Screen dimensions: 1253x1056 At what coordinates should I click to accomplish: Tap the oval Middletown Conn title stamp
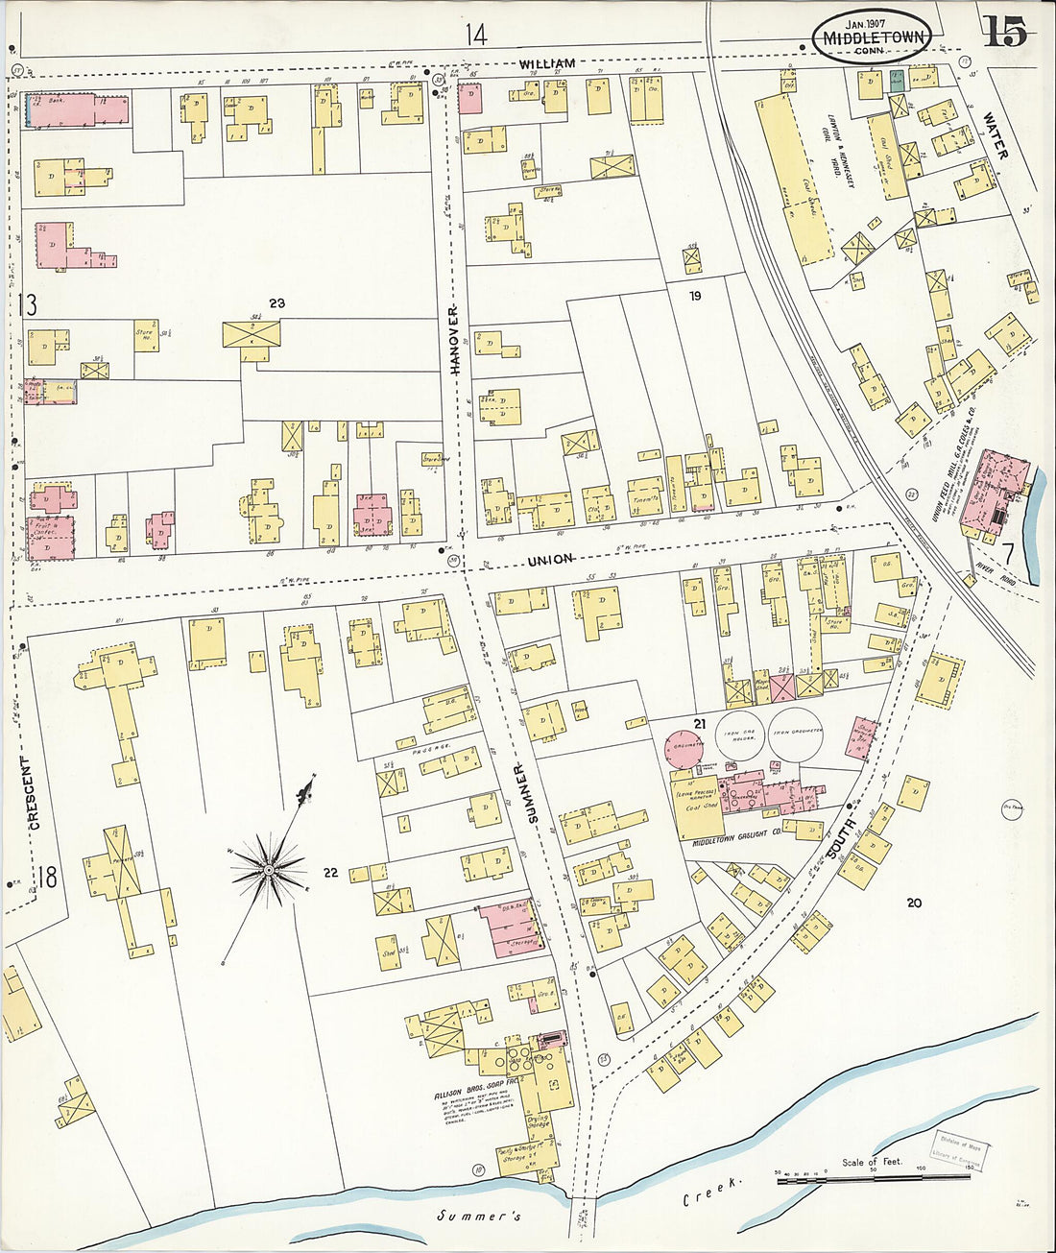click(873, 38)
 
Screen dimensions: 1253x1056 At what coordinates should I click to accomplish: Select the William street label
click(548, 64)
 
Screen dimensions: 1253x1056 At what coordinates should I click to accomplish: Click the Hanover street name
click(455, 340)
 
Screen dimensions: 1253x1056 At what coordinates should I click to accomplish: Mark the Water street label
click(996, 136)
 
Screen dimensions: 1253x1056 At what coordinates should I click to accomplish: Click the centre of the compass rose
click(270, 870)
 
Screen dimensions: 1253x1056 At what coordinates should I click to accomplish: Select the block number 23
click(277, 303)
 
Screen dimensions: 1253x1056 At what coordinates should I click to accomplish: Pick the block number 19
click(694, 296)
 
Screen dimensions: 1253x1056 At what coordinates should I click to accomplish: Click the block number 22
click(330, 873)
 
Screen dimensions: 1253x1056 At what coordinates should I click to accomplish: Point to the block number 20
click(913, 903)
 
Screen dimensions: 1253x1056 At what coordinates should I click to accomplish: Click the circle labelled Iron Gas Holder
click(744, 734)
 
